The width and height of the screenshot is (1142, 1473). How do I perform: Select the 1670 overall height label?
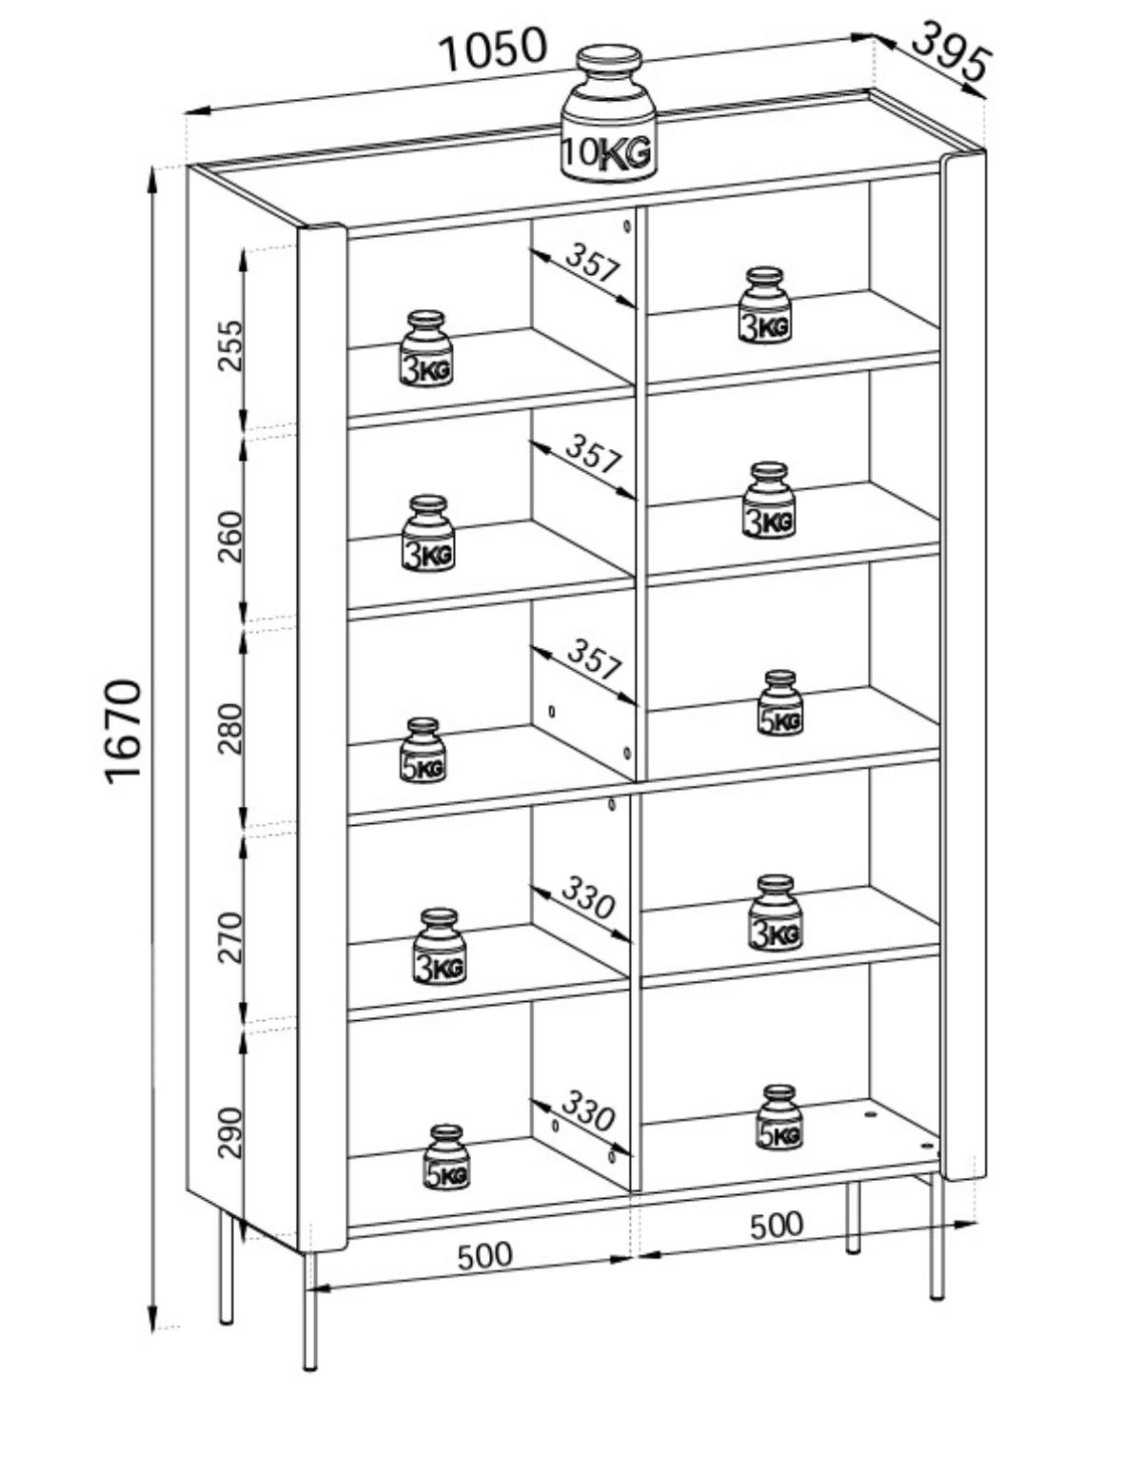[124, 730]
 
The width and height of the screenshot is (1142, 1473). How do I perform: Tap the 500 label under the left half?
[484, 1256]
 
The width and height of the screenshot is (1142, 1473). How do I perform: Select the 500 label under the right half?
[777, 1226]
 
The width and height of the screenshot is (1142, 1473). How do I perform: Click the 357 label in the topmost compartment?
[593, 263]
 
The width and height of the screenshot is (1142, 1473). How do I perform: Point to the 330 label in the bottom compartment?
[587, 1110]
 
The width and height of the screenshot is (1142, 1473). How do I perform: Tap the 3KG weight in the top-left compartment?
[425, 349]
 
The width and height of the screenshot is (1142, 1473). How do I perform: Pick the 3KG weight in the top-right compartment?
[765, 305]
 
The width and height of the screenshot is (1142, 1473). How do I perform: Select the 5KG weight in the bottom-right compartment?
[779, 1117]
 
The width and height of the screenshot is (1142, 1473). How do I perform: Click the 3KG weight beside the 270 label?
[440, 947]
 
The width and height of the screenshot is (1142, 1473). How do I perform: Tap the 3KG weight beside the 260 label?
[428, 534]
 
